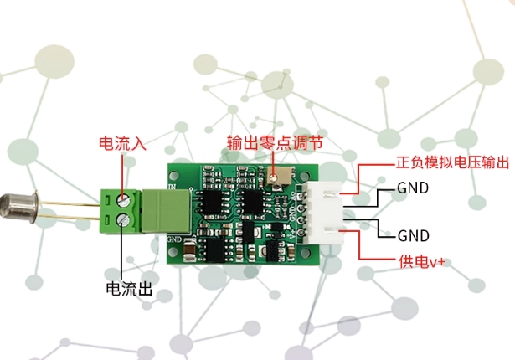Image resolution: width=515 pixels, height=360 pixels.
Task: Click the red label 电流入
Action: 122,143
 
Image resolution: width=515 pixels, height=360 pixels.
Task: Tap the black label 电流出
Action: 129,289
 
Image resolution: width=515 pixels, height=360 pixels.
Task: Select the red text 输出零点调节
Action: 275,143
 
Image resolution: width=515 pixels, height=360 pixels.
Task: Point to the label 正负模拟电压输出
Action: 452,162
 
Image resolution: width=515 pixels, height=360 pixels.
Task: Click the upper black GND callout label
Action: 413,188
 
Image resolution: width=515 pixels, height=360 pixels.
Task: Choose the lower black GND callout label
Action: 413,235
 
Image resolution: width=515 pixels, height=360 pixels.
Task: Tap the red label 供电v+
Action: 422,262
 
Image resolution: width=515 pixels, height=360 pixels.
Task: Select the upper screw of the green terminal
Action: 123,199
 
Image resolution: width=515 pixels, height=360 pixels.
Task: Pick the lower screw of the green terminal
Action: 123,219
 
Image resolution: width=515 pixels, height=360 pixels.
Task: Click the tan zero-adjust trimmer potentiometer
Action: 279,176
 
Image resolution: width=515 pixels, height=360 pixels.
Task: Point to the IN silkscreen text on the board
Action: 173,187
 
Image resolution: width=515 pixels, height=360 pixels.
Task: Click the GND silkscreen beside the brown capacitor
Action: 174,239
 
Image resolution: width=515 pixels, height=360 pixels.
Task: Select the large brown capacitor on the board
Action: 189,251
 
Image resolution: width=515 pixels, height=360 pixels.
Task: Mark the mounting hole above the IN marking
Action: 173,174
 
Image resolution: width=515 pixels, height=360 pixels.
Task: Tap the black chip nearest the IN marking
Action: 212,203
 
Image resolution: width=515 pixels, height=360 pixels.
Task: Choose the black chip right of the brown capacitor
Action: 214,250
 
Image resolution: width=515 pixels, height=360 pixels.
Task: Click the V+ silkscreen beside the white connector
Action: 293,233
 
